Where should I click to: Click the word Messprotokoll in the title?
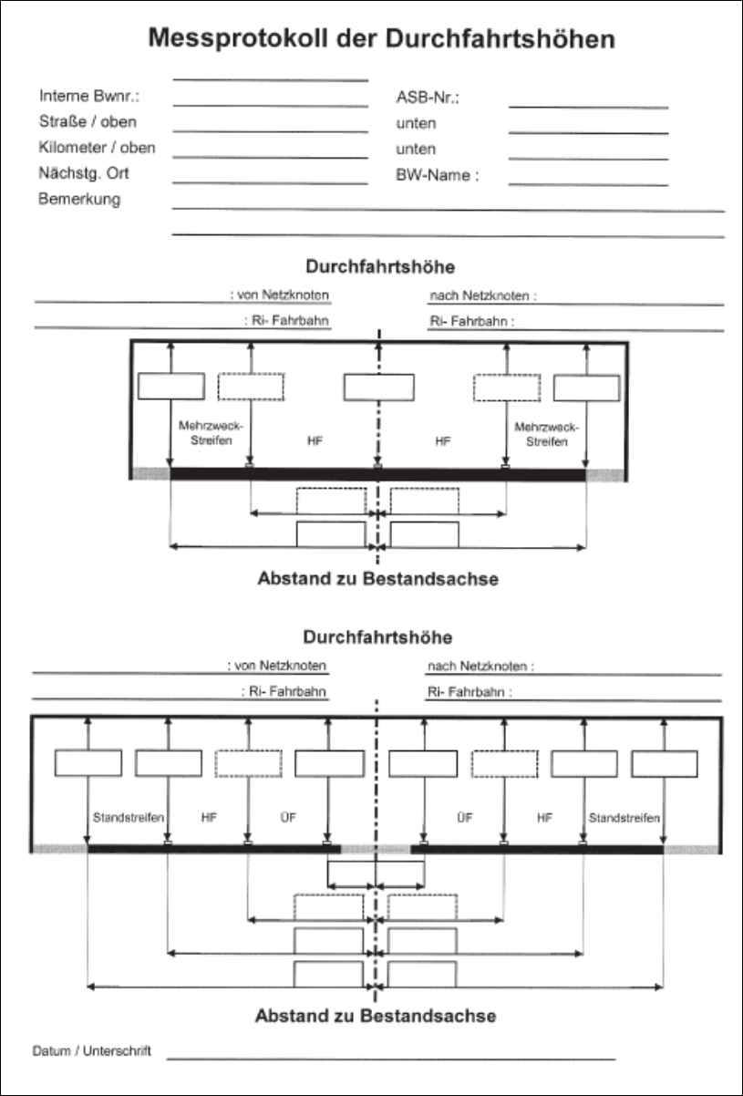coord(238,39)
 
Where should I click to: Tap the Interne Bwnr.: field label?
coord(89,96)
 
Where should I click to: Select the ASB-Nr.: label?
coord(428,98)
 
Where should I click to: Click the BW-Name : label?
coord(438,175)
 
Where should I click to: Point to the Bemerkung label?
coord(79,199)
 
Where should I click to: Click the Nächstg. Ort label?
coord(84,173)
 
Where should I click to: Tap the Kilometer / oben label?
coord(97,148)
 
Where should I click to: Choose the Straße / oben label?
coord(88,121)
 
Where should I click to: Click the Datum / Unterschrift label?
coord(92,1050)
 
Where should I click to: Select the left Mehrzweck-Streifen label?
coord(211,433)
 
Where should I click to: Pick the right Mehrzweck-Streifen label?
coord(546,434)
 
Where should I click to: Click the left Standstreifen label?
coord(129,818)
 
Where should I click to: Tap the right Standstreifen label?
coord(624,818)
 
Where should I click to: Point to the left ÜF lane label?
coord(288,818)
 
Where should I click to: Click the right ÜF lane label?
coord(465,818)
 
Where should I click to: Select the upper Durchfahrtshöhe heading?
coord(380,266)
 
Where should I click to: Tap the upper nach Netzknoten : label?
coord(483,295)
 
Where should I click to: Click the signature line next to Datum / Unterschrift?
coord(391,1060)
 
